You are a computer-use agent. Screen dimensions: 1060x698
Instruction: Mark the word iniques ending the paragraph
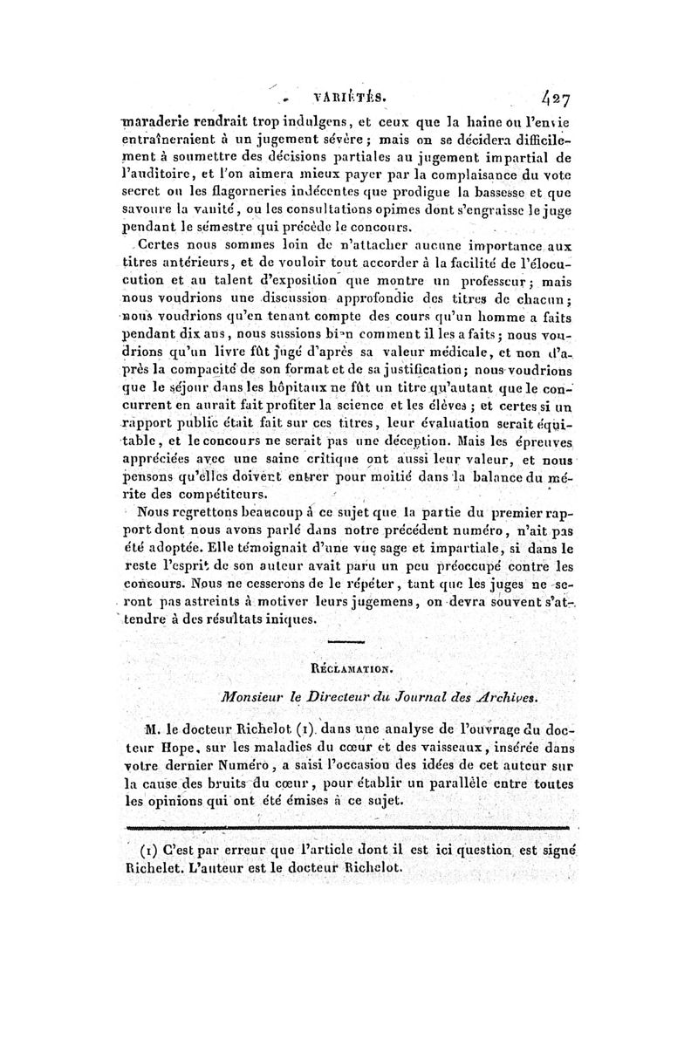[291, 619]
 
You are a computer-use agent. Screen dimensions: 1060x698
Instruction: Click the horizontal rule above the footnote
[348, 827]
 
